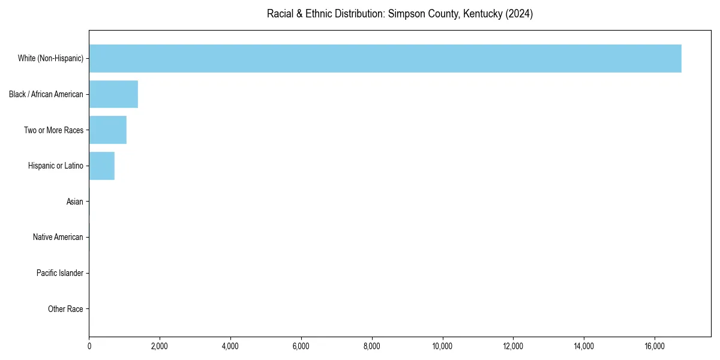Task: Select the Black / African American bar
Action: [113, 94]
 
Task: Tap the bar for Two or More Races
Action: [108, 130]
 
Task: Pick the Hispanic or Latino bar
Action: [102, 166]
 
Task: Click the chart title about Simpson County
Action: [400, 14]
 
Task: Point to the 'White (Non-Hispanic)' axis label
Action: [50, 59]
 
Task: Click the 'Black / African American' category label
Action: [46, 94]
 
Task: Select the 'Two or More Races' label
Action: [53, 130]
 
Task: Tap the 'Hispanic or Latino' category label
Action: [56, 166]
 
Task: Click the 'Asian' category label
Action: [75, 202]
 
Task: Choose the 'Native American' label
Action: [58, 237]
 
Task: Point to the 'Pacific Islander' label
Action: [60, 273]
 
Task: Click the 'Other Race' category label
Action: [65, 309]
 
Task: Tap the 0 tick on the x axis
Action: [89, 346]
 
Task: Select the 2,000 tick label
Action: [160, 346]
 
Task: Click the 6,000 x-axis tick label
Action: [301, 346]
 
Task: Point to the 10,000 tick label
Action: [442, 346]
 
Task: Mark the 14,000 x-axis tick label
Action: [584, 346]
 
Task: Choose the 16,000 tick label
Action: [655, 346]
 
